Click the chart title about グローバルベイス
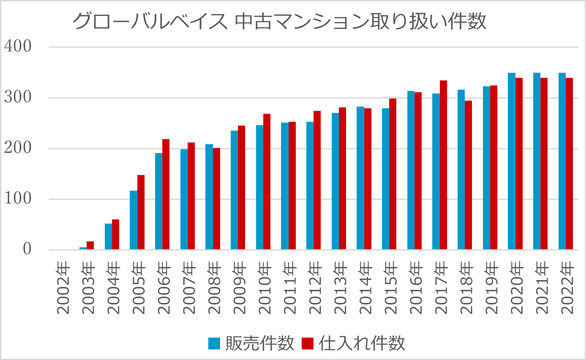tap(279, 22)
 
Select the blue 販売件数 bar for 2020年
tap(512, 161)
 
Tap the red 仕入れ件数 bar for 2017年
tap(443, 165)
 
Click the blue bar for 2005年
tap(134, 220)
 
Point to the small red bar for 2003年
tap(90, 245)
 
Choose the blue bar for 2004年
tap(108, 237)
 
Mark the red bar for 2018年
tap(469, 175)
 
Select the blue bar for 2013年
tap(335, 181)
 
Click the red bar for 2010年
tap(267, 182)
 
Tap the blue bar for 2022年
tap(562, 161)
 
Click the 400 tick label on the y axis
tap(18, 47)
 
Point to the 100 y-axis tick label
tap(18, 199)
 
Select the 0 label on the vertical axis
tap(27, 249)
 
